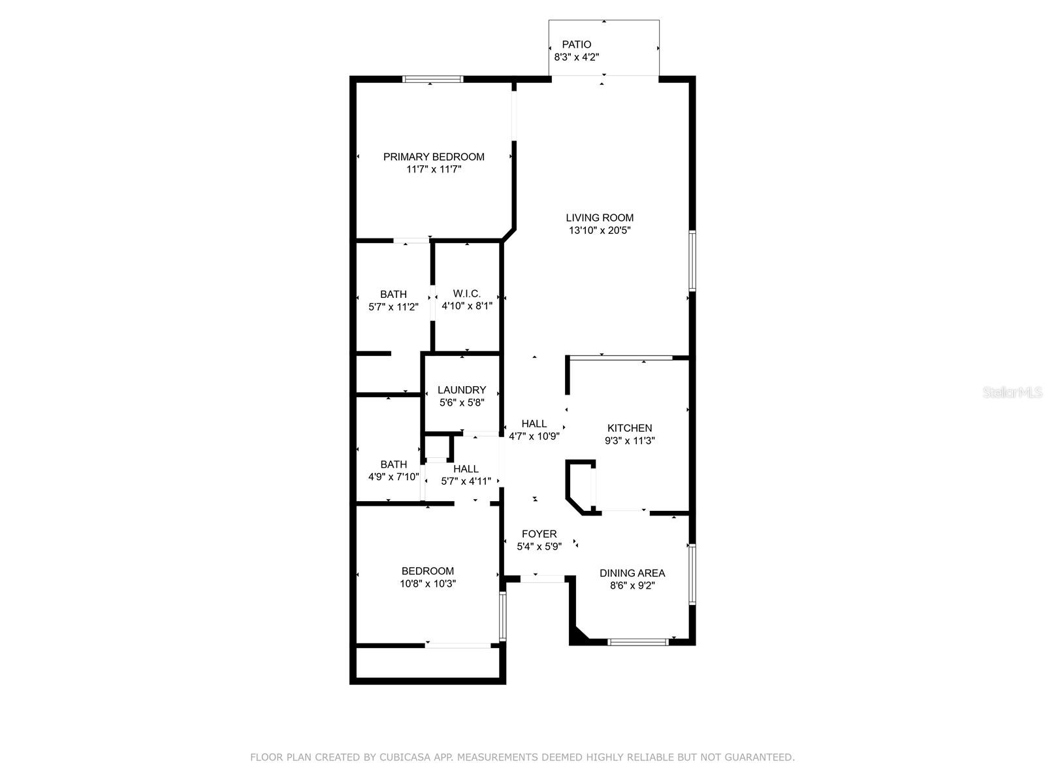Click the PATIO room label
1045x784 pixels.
pos(576,44)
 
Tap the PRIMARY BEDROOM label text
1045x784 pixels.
pos(434,157)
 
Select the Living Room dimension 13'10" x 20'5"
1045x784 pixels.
pos(600,230)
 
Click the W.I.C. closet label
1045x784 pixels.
pos(466,294)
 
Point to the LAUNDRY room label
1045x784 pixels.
pos(462,390)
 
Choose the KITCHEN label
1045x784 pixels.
pos(630,428)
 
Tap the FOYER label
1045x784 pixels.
pos(539,534)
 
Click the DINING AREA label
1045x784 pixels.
pos(632,573)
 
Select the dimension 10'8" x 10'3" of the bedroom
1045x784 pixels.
pos(428,583)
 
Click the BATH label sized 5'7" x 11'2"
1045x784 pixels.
pos(393,294)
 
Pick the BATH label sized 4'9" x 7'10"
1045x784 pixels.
pos(393,465)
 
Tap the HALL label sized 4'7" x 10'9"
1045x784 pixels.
pos(534,423)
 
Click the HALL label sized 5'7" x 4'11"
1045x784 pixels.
pos(466,468)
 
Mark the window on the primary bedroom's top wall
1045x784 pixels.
pos(433,79)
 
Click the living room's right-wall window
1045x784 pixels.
pos(692,260)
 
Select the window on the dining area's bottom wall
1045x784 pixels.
pos(637,642)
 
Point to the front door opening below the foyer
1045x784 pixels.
pos(542,579)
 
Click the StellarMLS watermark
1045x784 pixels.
pos(1012,392)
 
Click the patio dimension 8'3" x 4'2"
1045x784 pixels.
pos(576,57)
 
